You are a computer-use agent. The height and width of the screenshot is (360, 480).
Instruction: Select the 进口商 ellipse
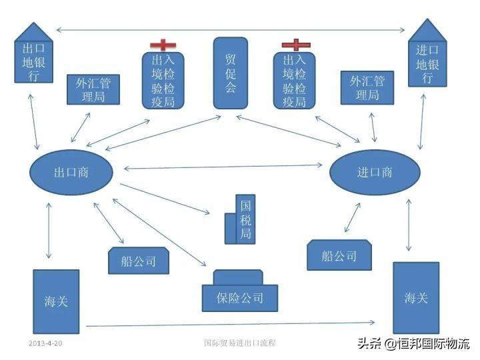pos(375,173)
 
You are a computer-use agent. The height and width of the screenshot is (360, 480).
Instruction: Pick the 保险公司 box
pos(239,297)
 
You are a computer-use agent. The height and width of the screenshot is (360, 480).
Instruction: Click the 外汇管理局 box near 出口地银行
pos(94,89)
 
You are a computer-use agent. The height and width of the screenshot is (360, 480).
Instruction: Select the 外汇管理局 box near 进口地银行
pos(367,87)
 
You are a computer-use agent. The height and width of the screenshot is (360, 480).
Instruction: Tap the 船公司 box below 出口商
pos(138,260)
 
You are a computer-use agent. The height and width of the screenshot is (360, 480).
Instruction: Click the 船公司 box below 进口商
pos(339,255)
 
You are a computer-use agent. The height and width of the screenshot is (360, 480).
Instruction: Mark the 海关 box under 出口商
pos(56,301)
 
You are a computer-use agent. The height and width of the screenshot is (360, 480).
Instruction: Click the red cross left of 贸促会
pos(163,45)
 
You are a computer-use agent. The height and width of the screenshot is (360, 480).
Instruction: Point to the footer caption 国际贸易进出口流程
pos(240,343)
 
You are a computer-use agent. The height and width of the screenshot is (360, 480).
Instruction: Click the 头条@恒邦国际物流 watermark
pos(413,344)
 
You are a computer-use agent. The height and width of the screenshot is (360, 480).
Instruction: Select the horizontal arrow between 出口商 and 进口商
pos(223,167)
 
